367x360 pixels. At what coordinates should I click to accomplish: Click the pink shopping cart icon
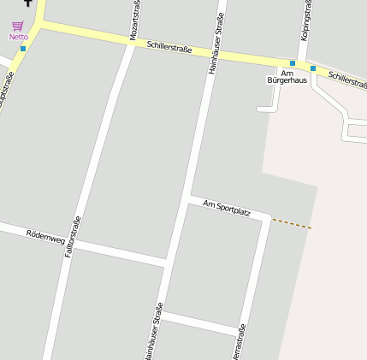(x=17, y=27)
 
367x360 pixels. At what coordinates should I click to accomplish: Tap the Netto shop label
(x=18, y=37)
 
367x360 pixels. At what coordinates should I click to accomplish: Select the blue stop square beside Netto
(x=23, y=49)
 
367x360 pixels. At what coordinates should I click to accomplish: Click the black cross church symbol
(x=27, y=3)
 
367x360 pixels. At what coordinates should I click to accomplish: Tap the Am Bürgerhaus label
(x=287, y=76)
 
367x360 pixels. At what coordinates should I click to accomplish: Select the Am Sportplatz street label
(x=227, y=206)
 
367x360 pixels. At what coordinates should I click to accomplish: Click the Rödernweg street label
(x=45, y=235)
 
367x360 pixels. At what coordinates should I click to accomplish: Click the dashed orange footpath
(x=292, y=223)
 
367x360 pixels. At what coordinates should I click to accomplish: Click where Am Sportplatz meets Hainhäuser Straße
(x=187, y=199)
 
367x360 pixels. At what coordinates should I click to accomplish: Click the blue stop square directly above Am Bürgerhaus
(x=293, y=63)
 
